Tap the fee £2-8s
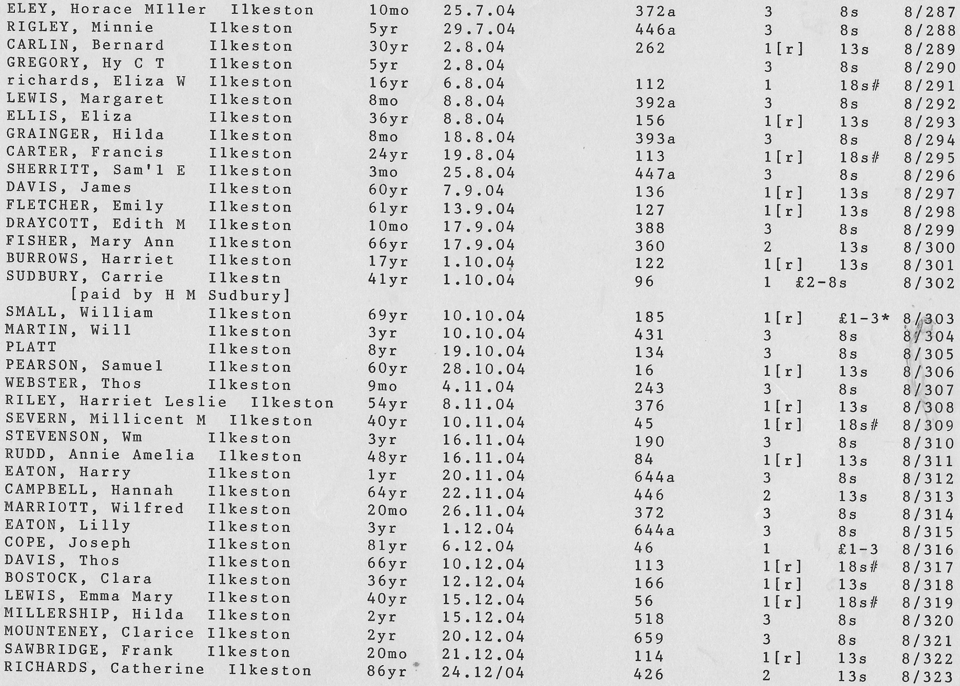click(x=820, y=283)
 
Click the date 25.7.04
click(x=479, y=10)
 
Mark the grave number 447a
click(x=654, y=174)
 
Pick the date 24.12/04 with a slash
click(x=483, y=671)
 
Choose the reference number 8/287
click(x=930, y=12)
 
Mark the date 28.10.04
click(x=483, y=369)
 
